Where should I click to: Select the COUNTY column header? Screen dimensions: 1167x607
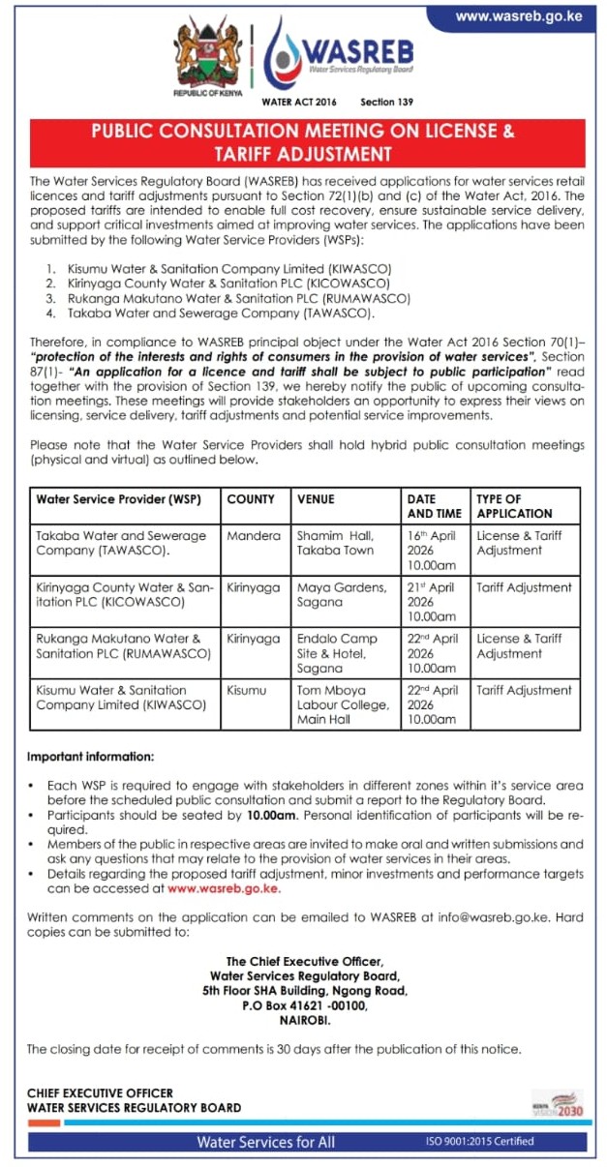point(251,499)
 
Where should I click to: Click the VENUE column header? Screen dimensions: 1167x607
point(316,499)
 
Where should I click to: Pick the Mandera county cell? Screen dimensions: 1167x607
point(253,535)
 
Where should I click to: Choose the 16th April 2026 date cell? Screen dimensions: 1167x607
point(433,550)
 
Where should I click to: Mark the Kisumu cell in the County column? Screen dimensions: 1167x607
point(247,691)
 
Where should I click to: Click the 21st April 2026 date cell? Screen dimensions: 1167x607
point(433,601)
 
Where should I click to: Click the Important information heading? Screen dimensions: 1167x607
point(90,755)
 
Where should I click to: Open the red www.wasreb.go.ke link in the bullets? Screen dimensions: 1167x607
point(224,887)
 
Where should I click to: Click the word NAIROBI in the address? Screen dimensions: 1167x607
point(304,1020)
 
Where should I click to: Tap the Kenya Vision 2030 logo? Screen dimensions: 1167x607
point(559,1103)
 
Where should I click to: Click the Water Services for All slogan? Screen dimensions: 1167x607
point(265,1142)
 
